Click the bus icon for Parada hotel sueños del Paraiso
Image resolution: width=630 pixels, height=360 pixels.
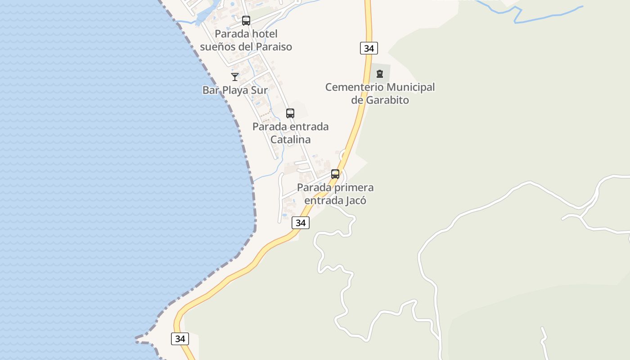(246, 20)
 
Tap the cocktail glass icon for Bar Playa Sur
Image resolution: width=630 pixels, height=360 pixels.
(235, 77)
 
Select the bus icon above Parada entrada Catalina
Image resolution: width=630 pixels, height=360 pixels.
(290, 113)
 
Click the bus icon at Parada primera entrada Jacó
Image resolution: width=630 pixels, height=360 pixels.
(335, 174)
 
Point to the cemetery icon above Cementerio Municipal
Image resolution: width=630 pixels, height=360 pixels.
(380, 74)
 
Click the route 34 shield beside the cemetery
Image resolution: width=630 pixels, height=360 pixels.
(369, 48)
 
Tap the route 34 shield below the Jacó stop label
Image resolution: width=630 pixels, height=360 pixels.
(301, 223)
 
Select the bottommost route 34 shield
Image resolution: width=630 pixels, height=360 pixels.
(180, 339)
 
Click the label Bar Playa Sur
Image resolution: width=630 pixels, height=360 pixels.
(235, 90)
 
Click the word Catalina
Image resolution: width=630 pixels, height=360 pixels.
(290, 139)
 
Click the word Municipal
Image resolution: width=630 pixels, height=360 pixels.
(409, 87)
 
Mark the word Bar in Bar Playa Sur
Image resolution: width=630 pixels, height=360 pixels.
(210, 90)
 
